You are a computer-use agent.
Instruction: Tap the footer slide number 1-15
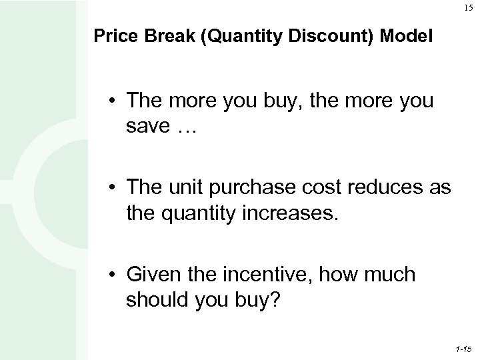point(463,349)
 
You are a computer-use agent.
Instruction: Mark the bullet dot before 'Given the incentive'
point(115,275)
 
